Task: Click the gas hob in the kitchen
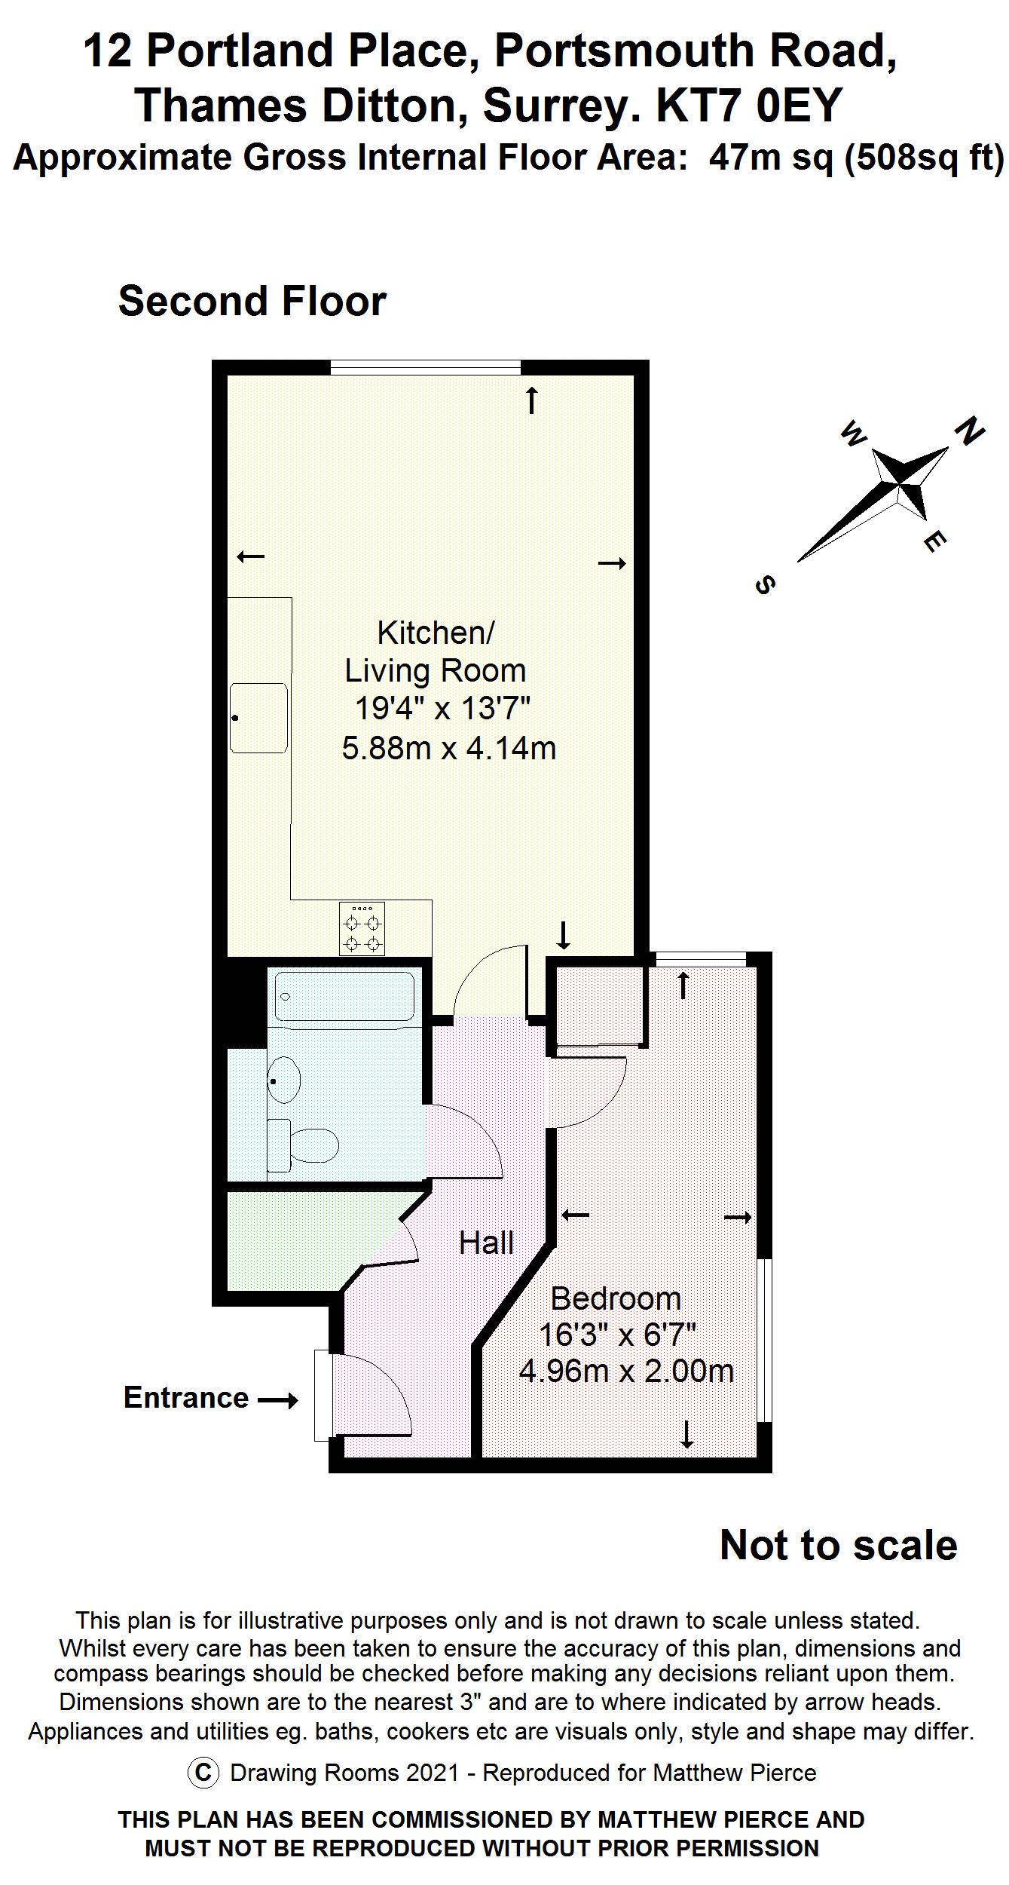tap(362, 929)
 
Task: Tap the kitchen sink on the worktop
tap(258, 718)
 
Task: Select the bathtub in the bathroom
tap(344, 998)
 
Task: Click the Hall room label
tap(486, 1243)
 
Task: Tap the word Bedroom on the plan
tap(616, 1298)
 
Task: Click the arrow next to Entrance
tap(278, 1401)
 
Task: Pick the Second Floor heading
tap(252, 301)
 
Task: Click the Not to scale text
tap(838, 1545)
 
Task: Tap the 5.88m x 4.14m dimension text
tap(449, 748)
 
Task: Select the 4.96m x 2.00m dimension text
tap(626, 1370)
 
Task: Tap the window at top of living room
tap(426, 368)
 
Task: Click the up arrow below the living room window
tap(532, 400)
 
